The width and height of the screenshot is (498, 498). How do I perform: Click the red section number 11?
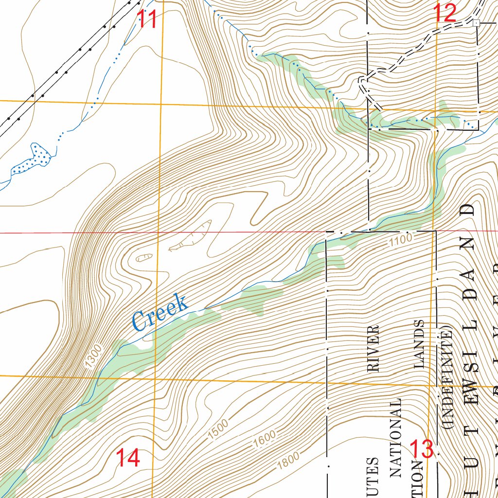tap(147, 20)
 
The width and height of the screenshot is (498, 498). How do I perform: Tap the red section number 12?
tap(445, 13)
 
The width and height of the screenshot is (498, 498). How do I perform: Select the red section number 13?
tap(421, 449)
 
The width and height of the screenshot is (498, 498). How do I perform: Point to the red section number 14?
tap(128, 458)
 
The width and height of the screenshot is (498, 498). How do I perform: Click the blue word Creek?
tap(160, 313)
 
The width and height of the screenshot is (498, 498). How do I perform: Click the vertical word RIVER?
tap(373, 349)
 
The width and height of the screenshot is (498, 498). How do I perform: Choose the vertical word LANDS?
tap(419, 343)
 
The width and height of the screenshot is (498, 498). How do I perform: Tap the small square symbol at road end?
tap(477, 22)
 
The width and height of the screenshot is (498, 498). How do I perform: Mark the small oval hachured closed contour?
tap(144, 257)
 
